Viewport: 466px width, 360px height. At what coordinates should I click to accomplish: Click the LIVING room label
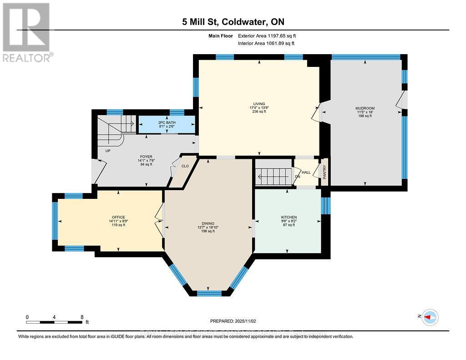tap(260, 104)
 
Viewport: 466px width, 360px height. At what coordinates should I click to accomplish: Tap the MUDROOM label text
tap(365, 108)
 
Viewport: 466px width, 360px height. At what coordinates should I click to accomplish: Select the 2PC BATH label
tap(167, 123)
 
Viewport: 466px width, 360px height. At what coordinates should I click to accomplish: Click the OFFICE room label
tap(118, 217)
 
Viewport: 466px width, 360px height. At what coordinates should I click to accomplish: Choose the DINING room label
tap(208, 223)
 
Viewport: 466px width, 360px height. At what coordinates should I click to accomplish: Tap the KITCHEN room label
tap(289, 217)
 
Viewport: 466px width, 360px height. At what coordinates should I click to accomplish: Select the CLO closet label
tap(185, 166)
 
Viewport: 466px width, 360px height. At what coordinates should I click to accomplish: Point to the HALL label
tap(306, 172)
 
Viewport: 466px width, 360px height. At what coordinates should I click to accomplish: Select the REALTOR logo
tap(26, 32)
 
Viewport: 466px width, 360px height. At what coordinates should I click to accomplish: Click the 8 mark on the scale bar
tap(82, 317)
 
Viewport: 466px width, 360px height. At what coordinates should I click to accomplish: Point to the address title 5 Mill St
tap(233, 21)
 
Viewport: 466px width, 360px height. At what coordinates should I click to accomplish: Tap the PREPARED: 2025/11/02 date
tap(233, 321)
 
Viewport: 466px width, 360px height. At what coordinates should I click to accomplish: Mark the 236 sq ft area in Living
tap(260, 112)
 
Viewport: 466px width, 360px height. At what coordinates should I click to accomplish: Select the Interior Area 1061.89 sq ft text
tap(266, 43)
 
